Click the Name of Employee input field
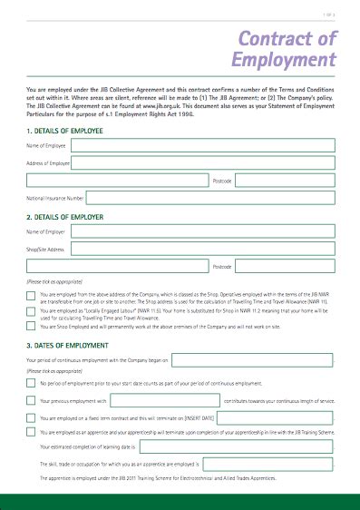coord(204,145)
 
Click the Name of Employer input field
coord(204,232)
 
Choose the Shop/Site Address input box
coord(204,250)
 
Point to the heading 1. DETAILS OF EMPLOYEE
coord(65,131)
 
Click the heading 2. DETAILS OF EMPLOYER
coord(65,218)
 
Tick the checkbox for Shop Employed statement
coord(32,328)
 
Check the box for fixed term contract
coord(32,418)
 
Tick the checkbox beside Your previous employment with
coord(32,400)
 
